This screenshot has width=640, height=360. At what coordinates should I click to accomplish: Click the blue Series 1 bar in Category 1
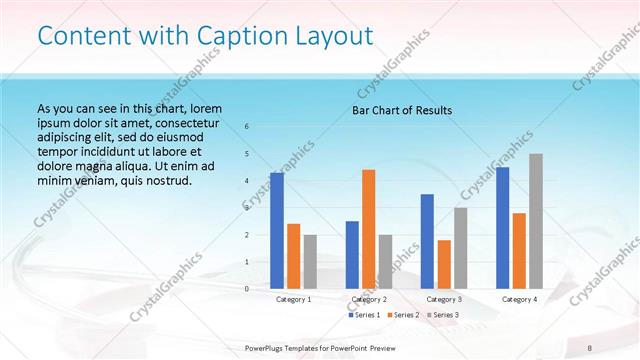(x=277, y=231)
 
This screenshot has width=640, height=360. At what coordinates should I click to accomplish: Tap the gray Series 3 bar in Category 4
(x=536, y=221)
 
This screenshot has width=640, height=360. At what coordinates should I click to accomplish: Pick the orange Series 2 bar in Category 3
(x=444, y=264)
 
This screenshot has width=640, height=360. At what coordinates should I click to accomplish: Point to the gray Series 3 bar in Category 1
(x=310, y=262)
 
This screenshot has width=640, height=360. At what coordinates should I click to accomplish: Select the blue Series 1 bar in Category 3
(x=427, y=241)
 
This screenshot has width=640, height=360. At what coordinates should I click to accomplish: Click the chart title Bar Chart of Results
(x=402, y=110)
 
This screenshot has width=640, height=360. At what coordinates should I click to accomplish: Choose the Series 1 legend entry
(x=364, y=315)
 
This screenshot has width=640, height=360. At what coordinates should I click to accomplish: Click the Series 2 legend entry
(x=402, y=315)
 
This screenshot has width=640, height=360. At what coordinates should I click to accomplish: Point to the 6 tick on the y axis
(x=247, y=127)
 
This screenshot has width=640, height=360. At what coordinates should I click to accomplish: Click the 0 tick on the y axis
(x=247, y=289)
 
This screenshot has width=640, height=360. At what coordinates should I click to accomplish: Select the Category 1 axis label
(x=293, y=299)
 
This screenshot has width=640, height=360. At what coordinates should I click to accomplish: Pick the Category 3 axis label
(x=444, y=299)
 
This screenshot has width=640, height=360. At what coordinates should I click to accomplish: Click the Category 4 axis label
(x=519, y=299)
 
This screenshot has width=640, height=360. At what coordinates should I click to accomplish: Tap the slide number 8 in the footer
(x=587, y=346)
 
